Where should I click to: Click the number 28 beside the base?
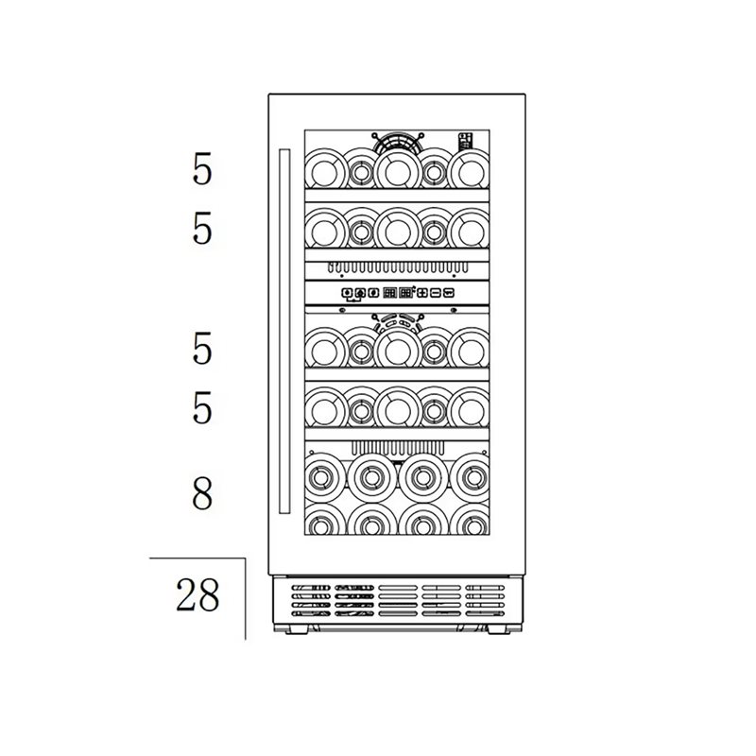(x=198, y=595)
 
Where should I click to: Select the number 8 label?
(x=202, y=492)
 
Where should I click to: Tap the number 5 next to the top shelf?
(x=202, y=169)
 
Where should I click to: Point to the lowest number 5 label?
(x=202, y=407)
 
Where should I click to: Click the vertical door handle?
(x=284, y=332)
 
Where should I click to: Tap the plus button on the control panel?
(x=422, y=293)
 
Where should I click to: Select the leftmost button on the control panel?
(x=347, y=293)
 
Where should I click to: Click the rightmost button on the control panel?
(x=449, y=293)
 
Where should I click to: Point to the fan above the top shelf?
(x=398, y=142)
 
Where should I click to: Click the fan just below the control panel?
(x=398, y=322)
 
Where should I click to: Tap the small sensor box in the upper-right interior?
(x=465, y=141)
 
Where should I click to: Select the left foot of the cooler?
(x=296, y=629)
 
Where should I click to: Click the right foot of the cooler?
(x=499, y=629)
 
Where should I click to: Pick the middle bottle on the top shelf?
(x=398, y=170)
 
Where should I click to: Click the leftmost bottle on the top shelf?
(x=324, y=170)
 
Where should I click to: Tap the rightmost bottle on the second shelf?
(x=470, y=231)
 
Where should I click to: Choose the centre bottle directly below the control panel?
(x=398, y=350)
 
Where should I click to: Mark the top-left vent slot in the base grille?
(x=311, y=588)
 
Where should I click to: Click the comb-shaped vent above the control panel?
(x=398, y=267)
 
